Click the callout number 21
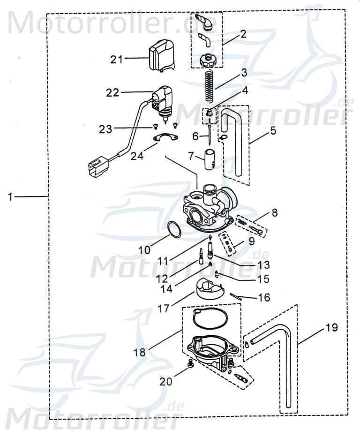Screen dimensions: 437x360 point(117,59)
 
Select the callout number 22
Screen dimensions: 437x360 point(112,93)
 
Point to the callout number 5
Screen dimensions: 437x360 point(272,131)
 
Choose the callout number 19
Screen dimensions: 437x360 point(331,327)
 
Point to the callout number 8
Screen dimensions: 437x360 point(274,212)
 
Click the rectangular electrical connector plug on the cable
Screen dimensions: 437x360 point(97,167)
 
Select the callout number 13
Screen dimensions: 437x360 point(263,265)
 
